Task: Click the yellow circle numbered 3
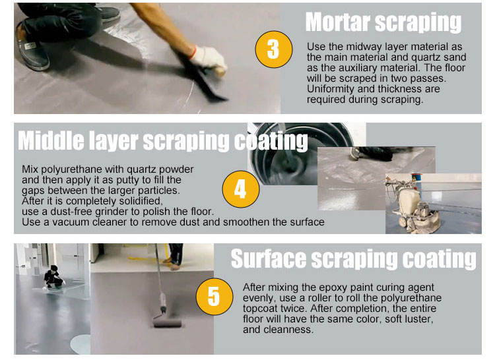274,49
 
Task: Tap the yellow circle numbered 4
241,189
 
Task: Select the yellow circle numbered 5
214,297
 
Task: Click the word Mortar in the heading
338,22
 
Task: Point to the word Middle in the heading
51,140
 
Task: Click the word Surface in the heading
269,259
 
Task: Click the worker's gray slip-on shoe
32,51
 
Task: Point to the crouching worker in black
53,277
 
